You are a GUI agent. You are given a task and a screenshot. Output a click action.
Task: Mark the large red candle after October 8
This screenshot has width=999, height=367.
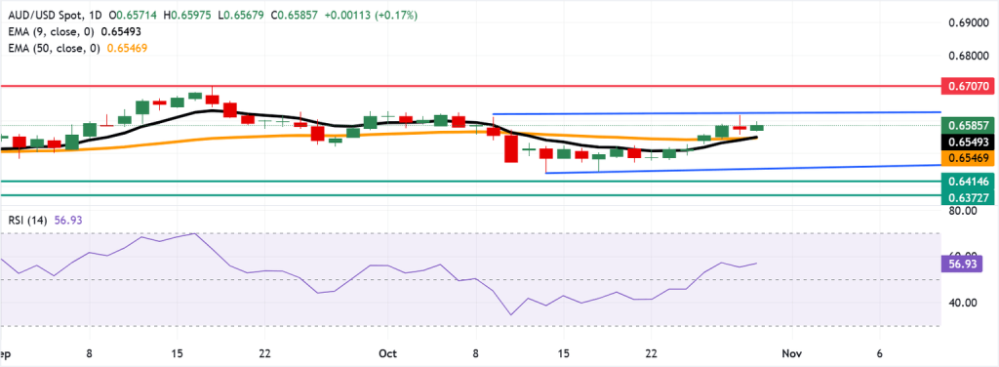(x=510, y=149)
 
